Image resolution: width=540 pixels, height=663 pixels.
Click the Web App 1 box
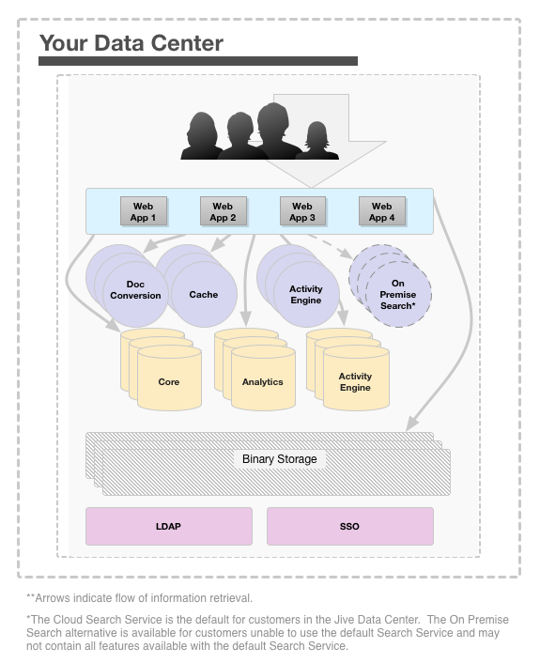144,211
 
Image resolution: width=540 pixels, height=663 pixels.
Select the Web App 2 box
223,211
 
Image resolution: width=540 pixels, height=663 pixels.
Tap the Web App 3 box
302,211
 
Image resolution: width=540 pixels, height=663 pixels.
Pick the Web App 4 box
382,211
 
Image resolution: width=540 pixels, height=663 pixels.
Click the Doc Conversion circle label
135,290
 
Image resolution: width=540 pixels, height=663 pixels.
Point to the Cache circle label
204,295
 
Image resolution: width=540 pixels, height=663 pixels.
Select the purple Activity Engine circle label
306,295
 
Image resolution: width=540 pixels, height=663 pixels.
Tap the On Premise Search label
398,295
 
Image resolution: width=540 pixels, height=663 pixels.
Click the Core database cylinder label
169,382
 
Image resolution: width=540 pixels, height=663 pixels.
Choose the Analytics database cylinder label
263,382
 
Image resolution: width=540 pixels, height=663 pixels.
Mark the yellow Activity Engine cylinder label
355,382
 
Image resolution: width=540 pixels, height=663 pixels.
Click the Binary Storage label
280,459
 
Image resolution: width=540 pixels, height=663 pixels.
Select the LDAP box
169,527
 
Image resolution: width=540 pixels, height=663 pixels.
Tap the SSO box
349,527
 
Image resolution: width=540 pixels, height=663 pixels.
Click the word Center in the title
187,43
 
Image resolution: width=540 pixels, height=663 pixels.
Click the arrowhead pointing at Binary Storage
412,424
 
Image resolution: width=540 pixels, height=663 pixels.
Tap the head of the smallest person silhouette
316,133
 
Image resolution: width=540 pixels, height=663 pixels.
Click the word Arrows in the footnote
52,598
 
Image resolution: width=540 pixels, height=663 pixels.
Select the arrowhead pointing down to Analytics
246,318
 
